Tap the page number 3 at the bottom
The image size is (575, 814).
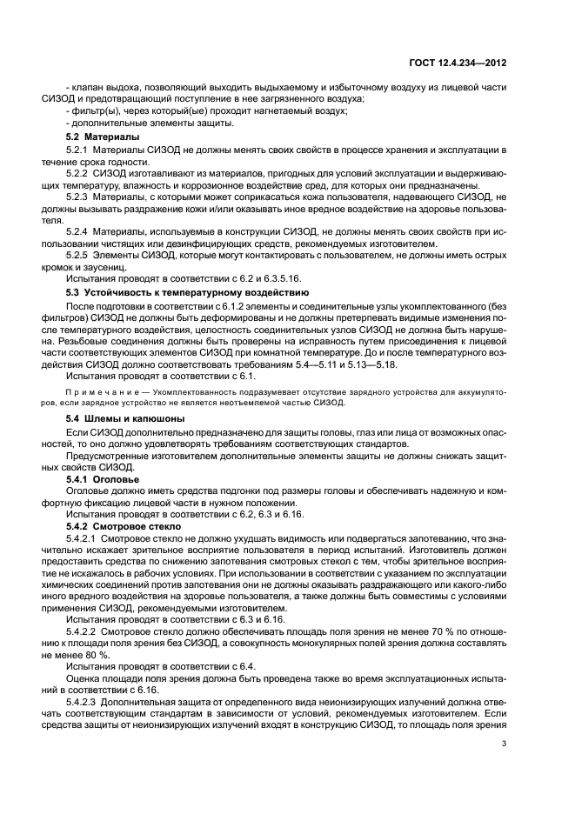coord(505,744)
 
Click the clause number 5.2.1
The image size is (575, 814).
coord(81,150)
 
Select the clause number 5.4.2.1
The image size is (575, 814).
coord(85,539)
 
